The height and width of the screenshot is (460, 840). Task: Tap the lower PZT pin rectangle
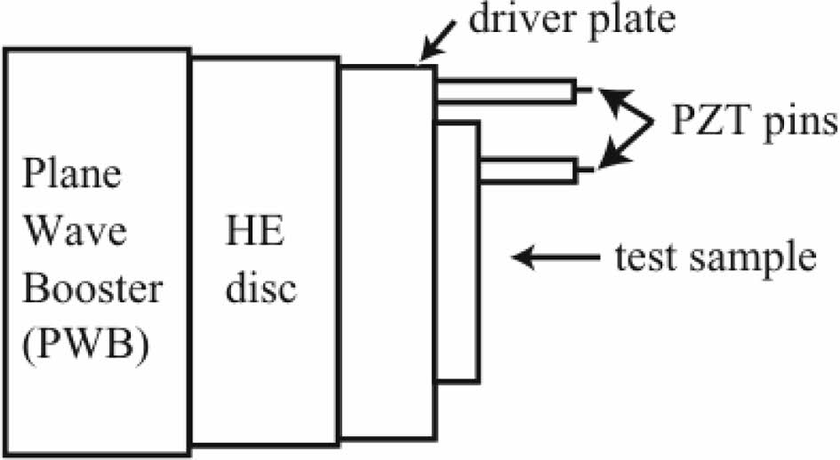[x=528, y=170]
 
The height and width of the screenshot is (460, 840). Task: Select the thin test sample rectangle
[x=457, y=249]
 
